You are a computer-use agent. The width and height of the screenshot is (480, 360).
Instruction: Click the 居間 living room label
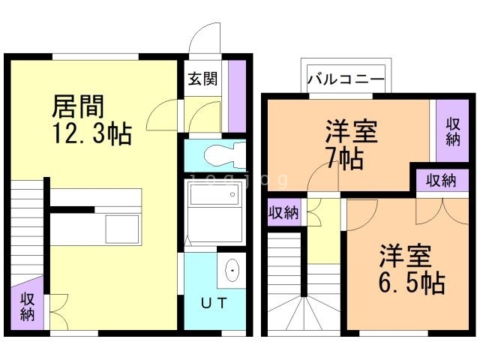coord(77,107)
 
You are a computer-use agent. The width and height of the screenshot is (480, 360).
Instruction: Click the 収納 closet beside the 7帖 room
coord(453,132)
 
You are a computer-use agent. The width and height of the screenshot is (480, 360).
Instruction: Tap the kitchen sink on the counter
coord(121,228)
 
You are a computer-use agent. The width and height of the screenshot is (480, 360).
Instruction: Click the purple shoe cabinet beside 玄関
coord(237,93)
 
